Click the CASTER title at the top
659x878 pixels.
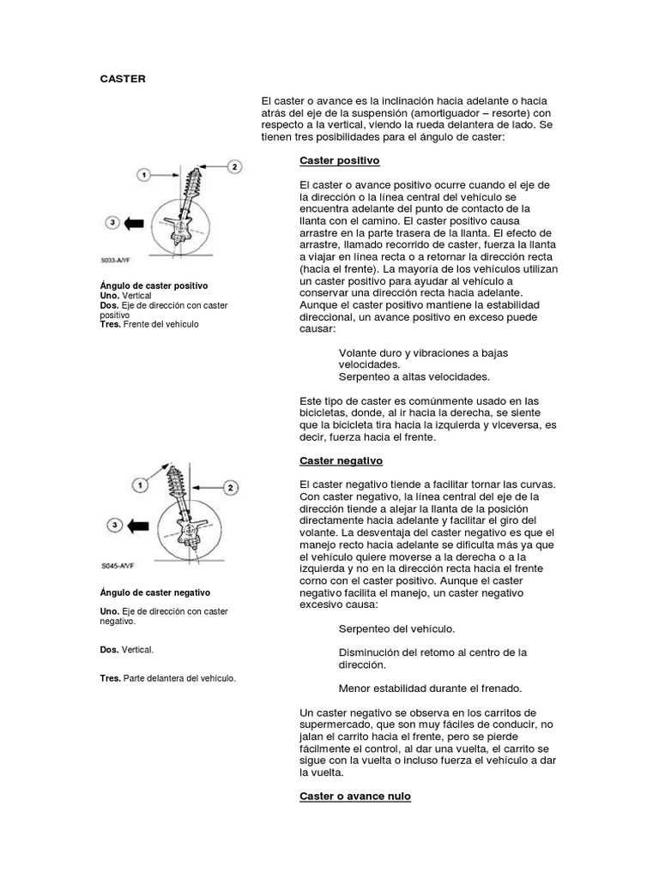tap(123, 79)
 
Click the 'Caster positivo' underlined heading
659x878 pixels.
tap(339, 160)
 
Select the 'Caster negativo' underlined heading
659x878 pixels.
tap(341, 460)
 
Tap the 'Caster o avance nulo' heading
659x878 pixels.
tap(354, 796)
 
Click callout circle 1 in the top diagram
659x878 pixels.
tap(145, 174)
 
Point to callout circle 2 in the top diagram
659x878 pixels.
tap(235, 167)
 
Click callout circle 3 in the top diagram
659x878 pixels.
tap(112, 223)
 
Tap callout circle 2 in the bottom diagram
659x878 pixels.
tap(230, 487)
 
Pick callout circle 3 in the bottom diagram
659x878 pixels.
tap(112, 524)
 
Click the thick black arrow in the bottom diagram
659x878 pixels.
tap(137, 524)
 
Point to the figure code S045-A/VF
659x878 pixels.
tap(118, 566)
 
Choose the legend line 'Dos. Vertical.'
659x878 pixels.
tap(126, 650)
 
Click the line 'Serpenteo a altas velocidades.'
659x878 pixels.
tap(414, 376)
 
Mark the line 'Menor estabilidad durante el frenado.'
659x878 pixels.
tap(430, 688)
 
